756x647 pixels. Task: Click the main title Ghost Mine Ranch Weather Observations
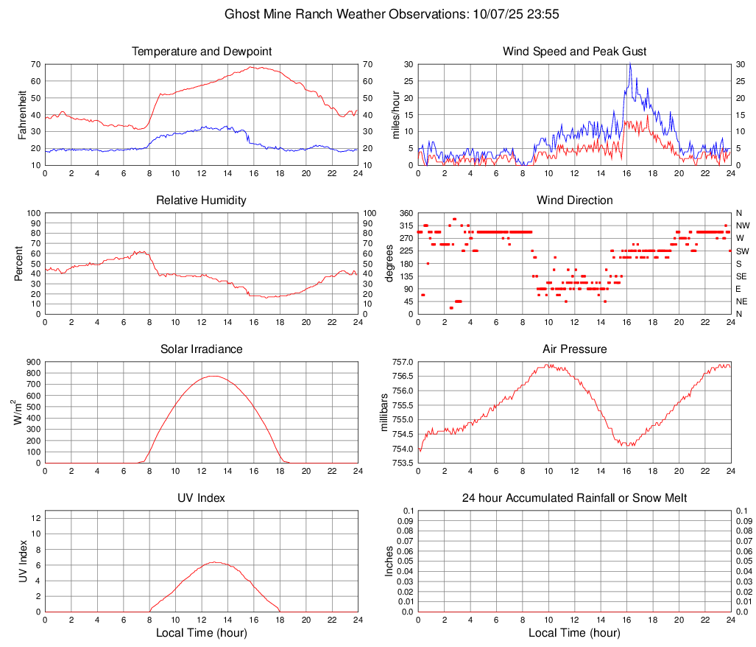point(377,14)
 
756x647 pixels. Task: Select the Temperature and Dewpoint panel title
point(202,52)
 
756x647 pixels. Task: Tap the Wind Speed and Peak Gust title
point(574,52)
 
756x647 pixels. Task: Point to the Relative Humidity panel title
point(202,200)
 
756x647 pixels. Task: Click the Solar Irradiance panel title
point(202,349)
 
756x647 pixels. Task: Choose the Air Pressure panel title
point(574,349)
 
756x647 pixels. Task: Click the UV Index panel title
point(202,498)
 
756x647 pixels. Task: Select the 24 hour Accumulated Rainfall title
point(574,498)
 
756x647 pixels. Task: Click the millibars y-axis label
point(384,412)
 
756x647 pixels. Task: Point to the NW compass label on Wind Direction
point(743,225)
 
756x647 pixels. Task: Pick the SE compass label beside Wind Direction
point(743,276)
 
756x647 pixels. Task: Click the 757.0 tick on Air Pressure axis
point(402,362)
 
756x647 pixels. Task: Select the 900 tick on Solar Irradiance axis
point(32,362)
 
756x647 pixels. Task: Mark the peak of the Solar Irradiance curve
point(213,376)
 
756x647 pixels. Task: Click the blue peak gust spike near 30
point(630,65)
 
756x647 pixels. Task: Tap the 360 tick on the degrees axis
point(406,213)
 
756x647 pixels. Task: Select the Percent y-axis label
point(19,263)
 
